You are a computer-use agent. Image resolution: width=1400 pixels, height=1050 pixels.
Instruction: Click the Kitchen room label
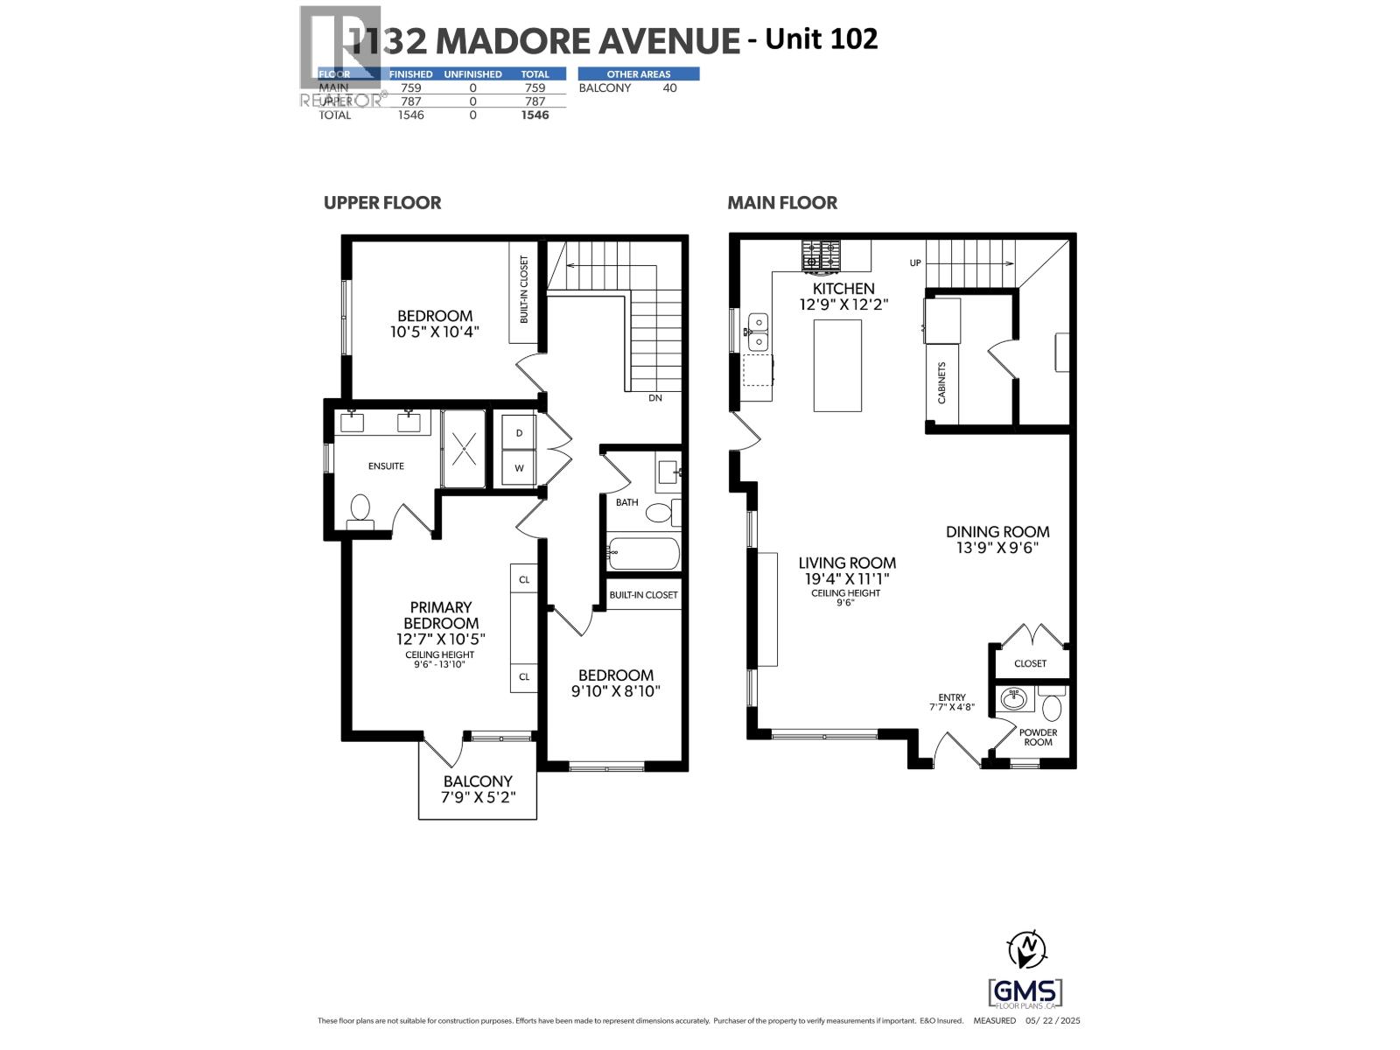843,289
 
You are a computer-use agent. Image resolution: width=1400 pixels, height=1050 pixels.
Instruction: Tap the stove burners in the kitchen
821,255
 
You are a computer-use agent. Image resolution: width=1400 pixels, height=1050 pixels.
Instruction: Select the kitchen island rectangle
837,366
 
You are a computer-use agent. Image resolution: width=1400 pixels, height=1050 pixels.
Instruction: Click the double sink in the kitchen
757,332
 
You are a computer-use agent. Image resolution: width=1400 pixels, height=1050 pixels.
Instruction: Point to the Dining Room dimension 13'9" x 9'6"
997,548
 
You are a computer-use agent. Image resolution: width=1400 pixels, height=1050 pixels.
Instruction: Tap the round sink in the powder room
1015,699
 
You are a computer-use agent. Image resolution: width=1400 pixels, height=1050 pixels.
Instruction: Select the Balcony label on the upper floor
478,781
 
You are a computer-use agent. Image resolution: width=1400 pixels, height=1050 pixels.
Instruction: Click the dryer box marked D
519,433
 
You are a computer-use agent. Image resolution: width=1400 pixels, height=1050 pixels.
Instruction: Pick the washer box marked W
519,468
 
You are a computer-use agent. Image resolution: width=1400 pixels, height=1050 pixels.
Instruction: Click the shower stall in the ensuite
463,449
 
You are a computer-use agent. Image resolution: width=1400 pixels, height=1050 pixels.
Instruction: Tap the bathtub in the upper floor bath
644,553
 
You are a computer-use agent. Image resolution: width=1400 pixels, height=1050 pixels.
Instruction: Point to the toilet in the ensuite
360,508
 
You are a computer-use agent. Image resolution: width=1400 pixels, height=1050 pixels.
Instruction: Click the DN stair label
655,398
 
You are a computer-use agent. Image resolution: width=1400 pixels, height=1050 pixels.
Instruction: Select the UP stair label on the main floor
915,262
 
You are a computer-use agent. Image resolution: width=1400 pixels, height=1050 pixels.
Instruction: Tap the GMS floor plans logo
1025,993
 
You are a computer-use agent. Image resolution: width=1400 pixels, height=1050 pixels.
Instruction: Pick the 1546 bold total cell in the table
535,115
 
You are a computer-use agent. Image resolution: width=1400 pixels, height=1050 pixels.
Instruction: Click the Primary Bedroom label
441,615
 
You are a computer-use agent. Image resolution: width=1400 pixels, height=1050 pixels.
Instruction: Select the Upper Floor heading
382,203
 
